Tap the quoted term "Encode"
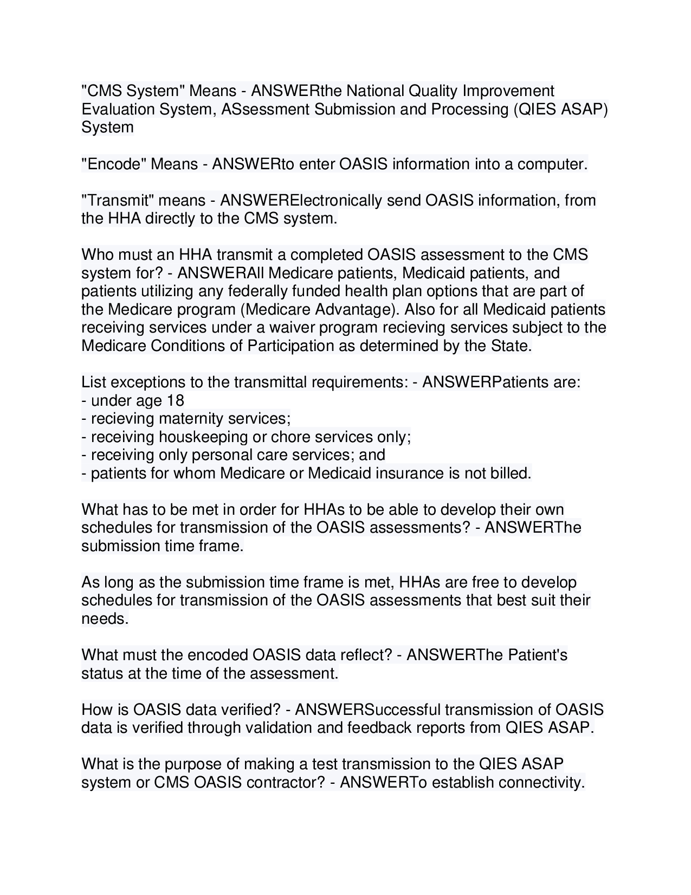tap(111, 164)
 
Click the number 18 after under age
tap(176, 400)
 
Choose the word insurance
tap(410, 474)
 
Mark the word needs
tap(105, 619)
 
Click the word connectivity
tap(541, 783)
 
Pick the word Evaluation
tap(118, 109)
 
